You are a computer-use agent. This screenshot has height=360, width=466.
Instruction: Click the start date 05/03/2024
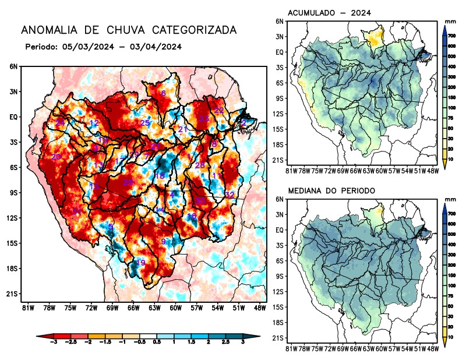click(x=85, y=47)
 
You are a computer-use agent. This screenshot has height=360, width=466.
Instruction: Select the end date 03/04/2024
click(x=153, y=47)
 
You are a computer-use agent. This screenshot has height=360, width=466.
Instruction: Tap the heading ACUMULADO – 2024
click(x=329, y=12)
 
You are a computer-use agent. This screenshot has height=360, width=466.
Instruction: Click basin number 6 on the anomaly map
click(x=163, y=93)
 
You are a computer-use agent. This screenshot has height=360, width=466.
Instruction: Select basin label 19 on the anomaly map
click(x=140, y=263)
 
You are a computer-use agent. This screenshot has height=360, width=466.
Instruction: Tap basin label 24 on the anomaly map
click(x=60, y=122)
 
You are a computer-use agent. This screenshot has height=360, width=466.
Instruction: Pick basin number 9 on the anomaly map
click(x=164, y=241)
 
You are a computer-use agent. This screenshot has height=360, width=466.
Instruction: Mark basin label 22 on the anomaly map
click(x=219, y=111)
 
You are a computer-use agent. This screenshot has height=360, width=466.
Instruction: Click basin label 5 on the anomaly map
click(x=111, y=227)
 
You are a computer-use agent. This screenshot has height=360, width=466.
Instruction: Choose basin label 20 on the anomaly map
click(x=56, y=157)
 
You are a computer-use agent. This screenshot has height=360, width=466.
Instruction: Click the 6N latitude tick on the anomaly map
click(x=13, y=66)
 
